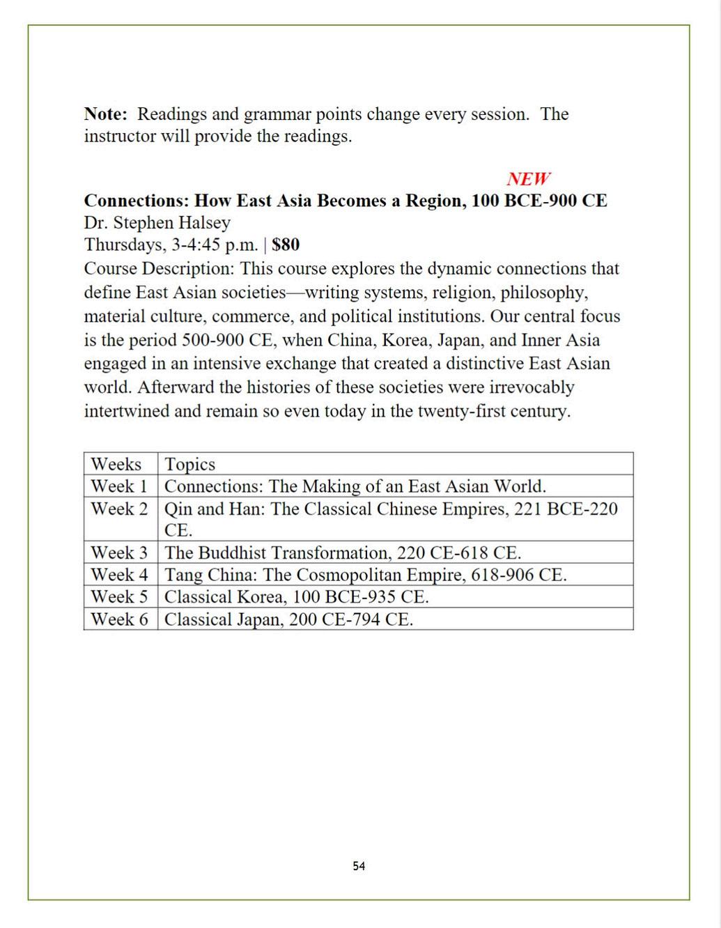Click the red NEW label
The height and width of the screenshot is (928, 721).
click(x=528, y=179)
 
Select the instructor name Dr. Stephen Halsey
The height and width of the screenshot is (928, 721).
click(x=157, y=223)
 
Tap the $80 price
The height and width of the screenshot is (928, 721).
click(x=286, y=245)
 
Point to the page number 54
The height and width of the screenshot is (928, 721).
click(x=359, y=866)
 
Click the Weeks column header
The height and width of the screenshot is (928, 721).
click(x=116, y=464)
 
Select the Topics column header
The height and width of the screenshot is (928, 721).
click(x=189, y=464)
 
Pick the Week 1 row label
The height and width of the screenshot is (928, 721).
click(x=119, y=486)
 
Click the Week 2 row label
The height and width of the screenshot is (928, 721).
click(x=119, y=509)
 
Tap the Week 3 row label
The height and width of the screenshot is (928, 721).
click(x=119, y=553)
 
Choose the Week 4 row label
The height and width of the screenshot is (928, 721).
click(x=119, y=575)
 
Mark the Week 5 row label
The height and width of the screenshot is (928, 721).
click(x=119, y=597)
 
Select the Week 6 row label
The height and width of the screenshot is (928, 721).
click(x=119, y=619)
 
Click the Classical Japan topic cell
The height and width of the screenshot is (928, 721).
click(x=288, y=619)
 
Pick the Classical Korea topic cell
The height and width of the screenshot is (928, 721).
click(x=296, y=597)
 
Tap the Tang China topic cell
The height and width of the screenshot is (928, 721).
click(x=365, y=575)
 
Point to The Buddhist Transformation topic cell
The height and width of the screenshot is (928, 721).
click(x=342, y=553)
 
